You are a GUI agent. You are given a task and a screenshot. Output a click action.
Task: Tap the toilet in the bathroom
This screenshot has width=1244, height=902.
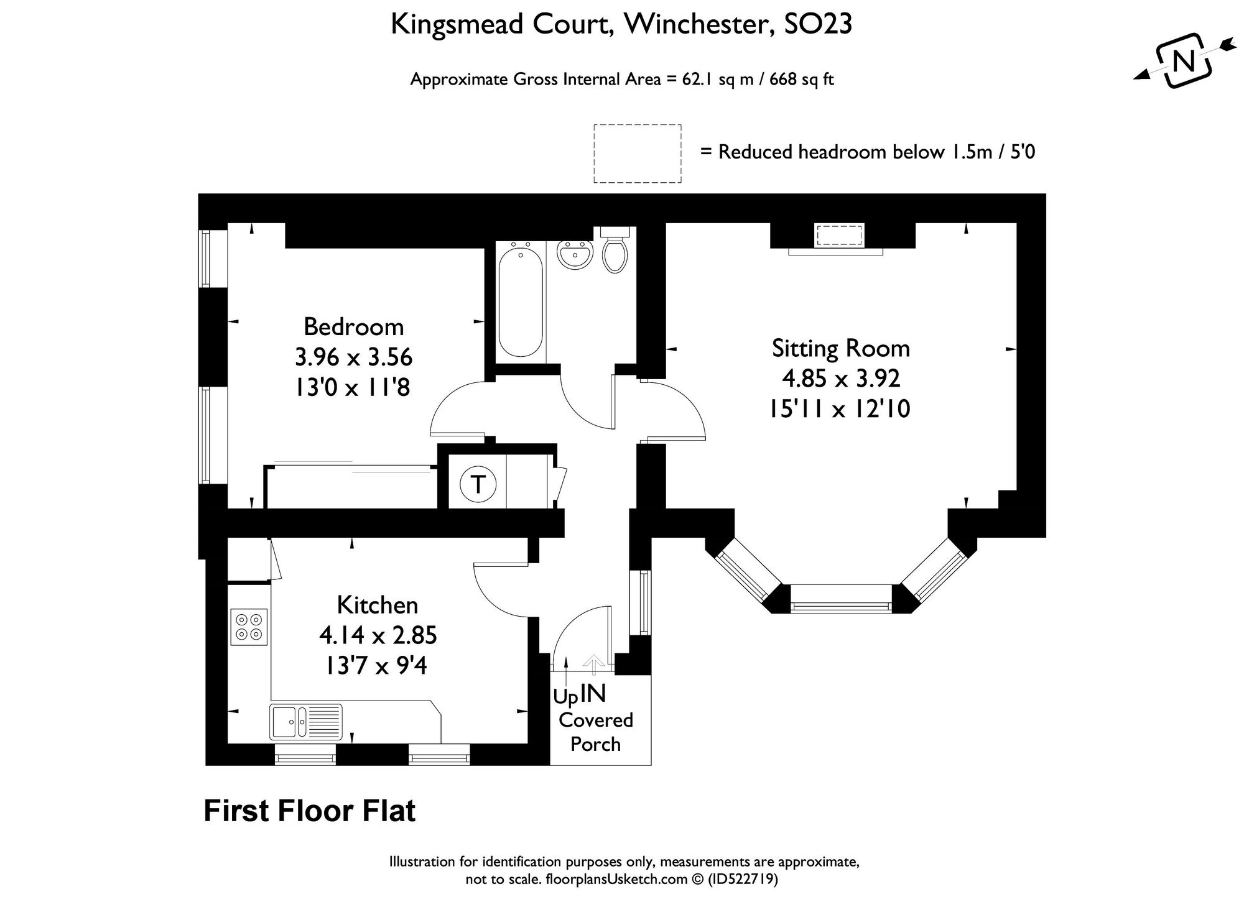[x=615, y=252]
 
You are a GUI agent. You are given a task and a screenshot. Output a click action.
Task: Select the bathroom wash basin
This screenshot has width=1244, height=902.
[x=574, y=255]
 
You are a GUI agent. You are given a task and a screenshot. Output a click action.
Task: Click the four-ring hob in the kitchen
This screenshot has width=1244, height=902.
[x=249, y=626]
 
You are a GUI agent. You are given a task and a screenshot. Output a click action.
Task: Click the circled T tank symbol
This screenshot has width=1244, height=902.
[x=478, y=484]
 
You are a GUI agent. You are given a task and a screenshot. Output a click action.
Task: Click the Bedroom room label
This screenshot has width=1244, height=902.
[x=353, y=327]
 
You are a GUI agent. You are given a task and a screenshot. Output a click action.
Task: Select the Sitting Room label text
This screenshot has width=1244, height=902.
[x=840, y=348]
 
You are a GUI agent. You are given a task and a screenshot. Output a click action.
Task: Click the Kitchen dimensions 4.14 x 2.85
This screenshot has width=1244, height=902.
[x=378, y=636]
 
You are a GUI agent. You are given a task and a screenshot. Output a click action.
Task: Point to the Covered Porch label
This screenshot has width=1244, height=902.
[x=595, y=732]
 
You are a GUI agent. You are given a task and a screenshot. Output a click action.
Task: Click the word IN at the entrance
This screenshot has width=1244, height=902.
[x=593, y=694]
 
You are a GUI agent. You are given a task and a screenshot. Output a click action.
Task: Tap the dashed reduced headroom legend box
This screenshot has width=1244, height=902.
[x=637, y=154]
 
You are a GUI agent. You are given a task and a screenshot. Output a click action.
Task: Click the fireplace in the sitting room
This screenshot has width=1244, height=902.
[x=839, y=237]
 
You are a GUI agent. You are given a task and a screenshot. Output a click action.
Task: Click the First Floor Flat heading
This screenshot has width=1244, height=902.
[x=309, y=811]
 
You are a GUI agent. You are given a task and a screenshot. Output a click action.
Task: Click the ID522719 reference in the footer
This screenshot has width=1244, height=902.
[x=743, y=880]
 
